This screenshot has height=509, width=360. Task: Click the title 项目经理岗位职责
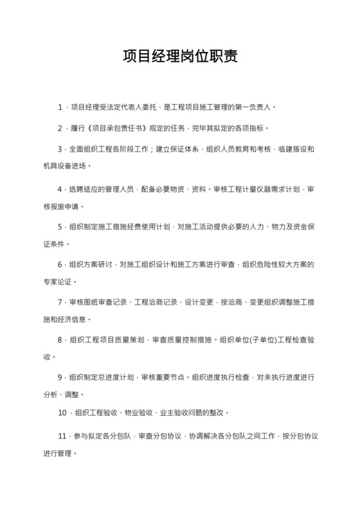click(x=180, y=57)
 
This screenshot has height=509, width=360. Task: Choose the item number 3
click(x=60, y=149)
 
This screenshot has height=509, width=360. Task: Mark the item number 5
click(x=60, y=227)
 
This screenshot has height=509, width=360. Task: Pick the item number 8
click(x=60, y=339)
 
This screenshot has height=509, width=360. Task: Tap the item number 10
click(x=62, y=412)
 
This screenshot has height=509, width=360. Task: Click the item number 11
click(x=62, y=436)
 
